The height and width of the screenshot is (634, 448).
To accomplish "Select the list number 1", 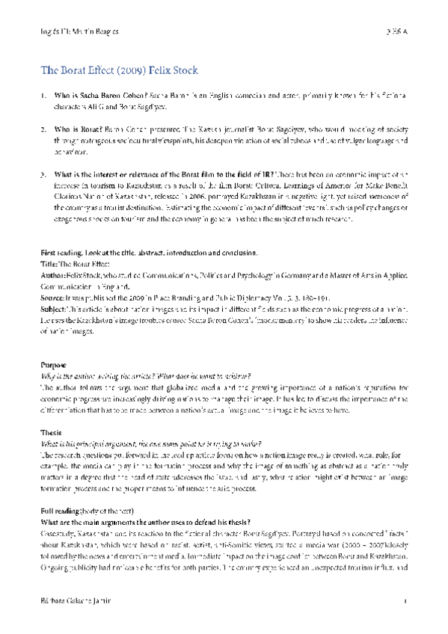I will click(43, 96).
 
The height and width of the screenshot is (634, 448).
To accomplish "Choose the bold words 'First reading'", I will click(58, 254).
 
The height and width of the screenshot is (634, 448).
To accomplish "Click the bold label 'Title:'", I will click(48, 264).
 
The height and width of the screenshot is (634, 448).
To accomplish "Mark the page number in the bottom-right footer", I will click(405, 600).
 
